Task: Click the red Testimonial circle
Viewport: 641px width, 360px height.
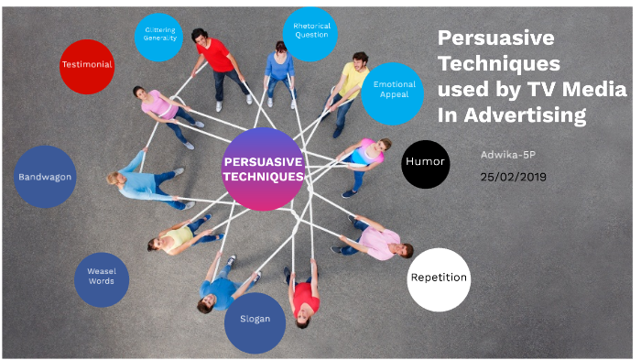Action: (x=87, y=65)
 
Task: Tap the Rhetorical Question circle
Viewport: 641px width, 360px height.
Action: (x=311, y=35)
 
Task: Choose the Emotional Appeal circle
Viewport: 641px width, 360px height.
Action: (x=393, y=90)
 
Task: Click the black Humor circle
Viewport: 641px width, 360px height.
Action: (x=425, y=162)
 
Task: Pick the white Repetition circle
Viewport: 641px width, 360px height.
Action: (x=439, y=278)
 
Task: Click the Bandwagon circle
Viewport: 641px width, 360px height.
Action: (x=46, y=176)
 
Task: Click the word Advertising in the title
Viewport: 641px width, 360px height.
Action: (x=526, y=115)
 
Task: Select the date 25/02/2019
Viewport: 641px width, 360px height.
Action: (x=513, y=176)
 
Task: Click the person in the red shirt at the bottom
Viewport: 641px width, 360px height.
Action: (x=306, y=299)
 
